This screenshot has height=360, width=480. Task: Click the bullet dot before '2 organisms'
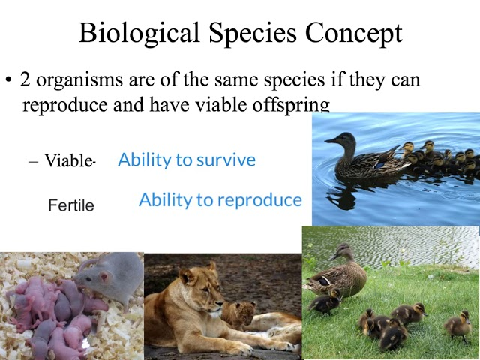click(8, 80)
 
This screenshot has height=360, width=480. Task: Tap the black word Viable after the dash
click(67, 161)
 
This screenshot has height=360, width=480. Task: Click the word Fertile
click(71, 205)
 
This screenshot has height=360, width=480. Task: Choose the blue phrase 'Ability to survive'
click(187, 160)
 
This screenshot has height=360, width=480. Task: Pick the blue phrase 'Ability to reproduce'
click(220, 200)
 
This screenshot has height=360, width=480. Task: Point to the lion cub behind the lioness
click(238, 313)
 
